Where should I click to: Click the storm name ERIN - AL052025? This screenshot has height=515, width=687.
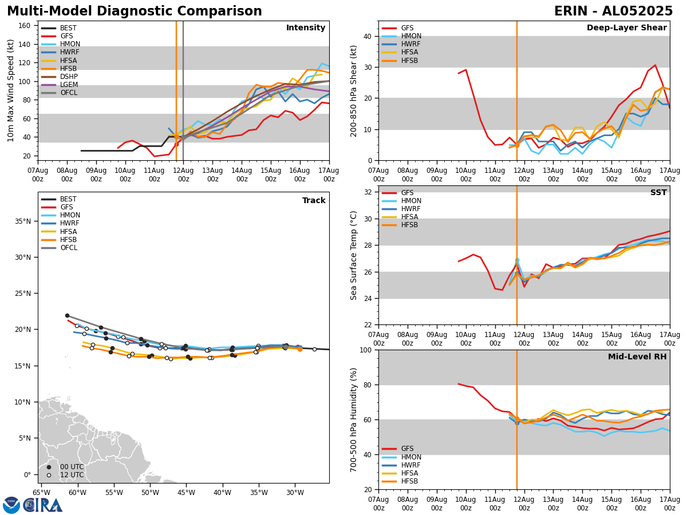click(x=613, y=11)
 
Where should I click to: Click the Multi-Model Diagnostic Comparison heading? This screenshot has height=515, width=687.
click(x=135, y=11)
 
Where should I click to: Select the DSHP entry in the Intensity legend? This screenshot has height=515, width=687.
click(x=69, y=77)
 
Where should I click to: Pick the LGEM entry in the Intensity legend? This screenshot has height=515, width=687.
click(x=69, y=85)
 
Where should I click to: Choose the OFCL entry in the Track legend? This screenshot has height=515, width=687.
click(x=69, y=248)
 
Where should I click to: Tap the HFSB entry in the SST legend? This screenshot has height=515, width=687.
click(x=409, y=225)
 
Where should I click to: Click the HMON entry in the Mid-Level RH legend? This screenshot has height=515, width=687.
click(x=411, y=457)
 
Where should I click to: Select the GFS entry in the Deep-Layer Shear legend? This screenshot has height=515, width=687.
click(x=407, y=28)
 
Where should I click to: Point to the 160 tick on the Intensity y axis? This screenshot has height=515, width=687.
click(x=26, y=26)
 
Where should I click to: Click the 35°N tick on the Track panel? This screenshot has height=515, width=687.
click(x=22, y=221)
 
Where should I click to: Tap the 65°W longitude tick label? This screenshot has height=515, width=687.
click(x=41, y=493)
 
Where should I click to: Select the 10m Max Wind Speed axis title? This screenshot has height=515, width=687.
click(x=11, y=90)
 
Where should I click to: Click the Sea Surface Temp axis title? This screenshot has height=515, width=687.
click(x=354, y=255)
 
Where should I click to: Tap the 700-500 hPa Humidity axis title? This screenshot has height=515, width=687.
click(x=354, y=419)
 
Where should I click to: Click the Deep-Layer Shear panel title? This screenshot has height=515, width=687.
click(x=626, y=28)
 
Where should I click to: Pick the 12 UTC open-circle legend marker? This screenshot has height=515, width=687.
click(x=49, y=475)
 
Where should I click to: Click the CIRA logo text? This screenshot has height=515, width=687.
click(x=43, y=505)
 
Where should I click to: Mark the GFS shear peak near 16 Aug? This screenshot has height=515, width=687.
click(x=655, y=65)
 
